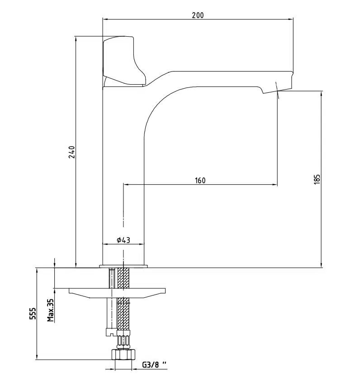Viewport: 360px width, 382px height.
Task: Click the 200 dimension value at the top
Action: pyautogui.click(x=198, y=15)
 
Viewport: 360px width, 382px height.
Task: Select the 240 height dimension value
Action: pyautogui.click(x=71, y=152)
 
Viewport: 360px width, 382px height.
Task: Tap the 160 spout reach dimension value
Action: pyautogui.click(x=200, y=181)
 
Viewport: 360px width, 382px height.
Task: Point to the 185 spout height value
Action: pyautogui.click(x=317, y=179)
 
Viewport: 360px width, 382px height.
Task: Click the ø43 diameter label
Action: pyautogui.click(x=123, y=240)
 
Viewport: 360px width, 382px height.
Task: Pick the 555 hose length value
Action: pyautogui.click(x=33, y=314)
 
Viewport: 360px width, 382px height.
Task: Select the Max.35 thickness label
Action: pyautogui.click(x=51, y=310)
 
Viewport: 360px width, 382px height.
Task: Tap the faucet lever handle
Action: pyautogui.click(x=124, y=62)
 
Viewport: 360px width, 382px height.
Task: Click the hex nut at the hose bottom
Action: pyautogui.click(x=123, y=355)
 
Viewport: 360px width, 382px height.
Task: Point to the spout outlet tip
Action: pyautogui.click(x=278, y=91)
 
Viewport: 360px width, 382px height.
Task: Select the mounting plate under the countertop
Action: pyautogui.click(x=117, y=293)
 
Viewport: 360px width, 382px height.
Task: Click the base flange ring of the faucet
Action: pyautogui.click(x=123, y=266)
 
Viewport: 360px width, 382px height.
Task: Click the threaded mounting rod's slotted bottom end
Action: pyautogui.click(x=111, y=332)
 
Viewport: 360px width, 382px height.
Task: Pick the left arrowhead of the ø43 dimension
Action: pyautogui.click(x=106, y=244)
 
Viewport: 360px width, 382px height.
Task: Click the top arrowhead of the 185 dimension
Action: pyautogui.click(x=322, y=94)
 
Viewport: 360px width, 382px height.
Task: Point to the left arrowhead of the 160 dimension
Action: pyautogui.click(x=126, y=185)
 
